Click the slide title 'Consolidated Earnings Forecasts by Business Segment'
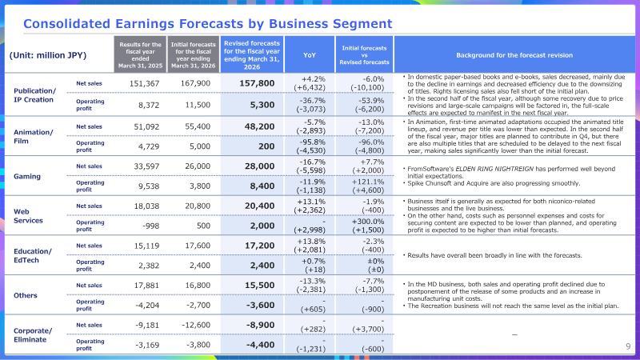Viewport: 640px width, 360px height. pos(208,24)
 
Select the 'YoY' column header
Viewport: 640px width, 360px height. pos(310,55)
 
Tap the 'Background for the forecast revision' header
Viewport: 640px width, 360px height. pos(514,55)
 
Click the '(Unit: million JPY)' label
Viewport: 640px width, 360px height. pos(48,55)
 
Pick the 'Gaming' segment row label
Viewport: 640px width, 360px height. pos(27,176)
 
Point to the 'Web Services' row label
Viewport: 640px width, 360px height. pos(28,216)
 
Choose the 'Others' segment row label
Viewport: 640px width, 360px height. pos(26,295)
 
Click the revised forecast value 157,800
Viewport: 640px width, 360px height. pos(257,83)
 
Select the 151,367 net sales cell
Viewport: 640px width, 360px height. pos(144,84)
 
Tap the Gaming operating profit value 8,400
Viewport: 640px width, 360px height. pos(262,186)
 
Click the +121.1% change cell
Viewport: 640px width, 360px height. pos(368,182)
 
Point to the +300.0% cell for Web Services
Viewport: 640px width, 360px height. pos(368,222)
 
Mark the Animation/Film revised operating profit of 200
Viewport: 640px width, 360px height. pos(266,146)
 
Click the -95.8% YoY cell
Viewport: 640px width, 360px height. pos(312,142)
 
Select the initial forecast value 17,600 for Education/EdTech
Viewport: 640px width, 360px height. pos(198,246)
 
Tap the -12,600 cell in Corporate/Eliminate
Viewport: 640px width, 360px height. pos(196,326)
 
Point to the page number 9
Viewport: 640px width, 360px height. pos(628,346)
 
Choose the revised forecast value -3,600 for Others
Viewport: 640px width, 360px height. pos(261,306)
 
